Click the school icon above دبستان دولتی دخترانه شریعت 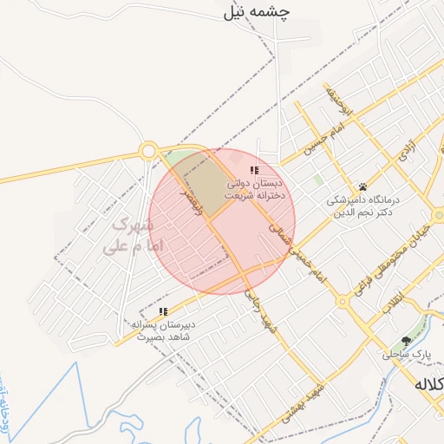point(254,170)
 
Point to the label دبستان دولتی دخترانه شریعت point(256,191)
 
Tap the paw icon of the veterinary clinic point(362,186)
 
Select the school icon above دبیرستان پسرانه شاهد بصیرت point(163,311)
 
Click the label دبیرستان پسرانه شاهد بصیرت point(163,331)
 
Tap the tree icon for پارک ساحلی point(405,341)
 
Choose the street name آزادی point(406,154)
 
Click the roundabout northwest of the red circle point(148,151)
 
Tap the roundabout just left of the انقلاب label point(343,302)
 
